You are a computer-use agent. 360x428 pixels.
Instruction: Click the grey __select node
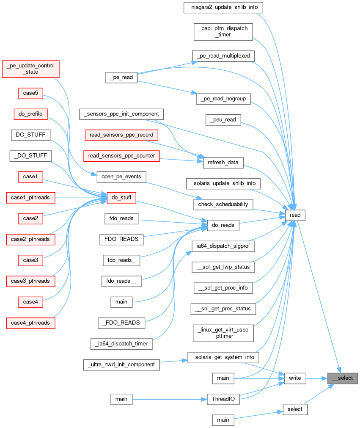(x=343, y=378)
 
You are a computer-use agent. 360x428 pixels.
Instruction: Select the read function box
(x=295, y=215)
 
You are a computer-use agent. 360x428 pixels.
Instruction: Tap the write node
(x=295, y=378)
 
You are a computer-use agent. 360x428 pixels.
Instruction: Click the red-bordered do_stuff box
(x=121, y=197)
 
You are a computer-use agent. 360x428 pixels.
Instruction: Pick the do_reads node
(x=223, y=225)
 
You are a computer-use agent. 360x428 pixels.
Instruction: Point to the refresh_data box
(x=223, y=162)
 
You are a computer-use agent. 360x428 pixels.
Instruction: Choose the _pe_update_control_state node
(x=30, y=69)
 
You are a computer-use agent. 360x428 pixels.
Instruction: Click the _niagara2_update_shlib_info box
(x=224, y=8)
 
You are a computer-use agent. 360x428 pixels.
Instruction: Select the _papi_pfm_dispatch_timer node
(x=223, y=32)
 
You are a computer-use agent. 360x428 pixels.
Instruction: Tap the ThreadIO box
(x=223, y=399)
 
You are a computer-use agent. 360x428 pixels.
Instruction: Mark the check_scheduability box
(x=223, y=204)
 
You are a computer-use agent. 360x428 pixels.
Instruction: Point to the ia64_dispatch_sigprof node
(x=223, y=246)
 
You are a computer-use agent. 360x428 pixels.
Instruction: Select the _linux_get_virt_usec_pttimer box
(x=223, y=333)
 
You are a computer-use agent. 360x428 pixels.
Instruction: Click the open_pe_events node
(x=121, y=177)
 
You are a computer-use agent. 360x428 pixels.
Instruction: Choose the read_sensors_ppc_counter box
(x=121, y=156)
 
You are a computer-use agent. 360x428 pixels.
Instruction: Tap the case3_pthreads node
(x=30, y=281)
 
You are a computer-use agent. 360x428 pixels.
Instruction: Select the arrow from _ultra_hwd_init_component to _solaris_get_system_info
(x=173, y=361)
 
